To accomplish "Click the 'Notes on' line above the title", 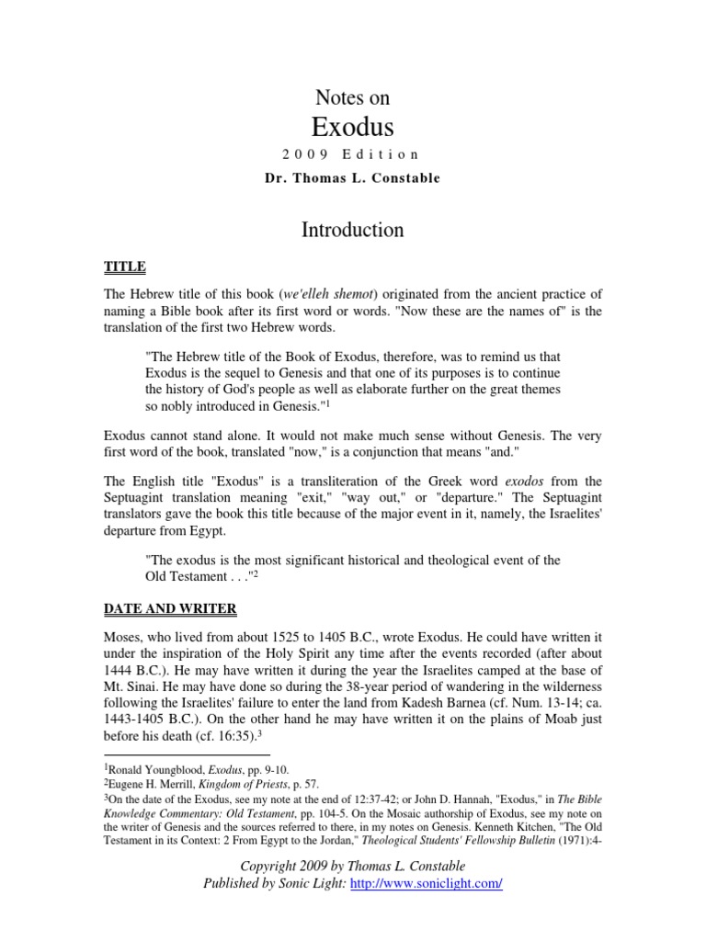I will click(353, 97).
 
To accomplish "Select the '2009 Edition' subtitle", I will click(353, 154).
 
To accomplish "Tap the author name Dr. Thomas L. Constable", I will click(353, 177).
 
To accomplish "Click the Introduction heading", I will click(353, 229).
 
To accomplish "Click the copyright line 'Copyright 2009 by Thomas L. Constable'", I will click(353, 866).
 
